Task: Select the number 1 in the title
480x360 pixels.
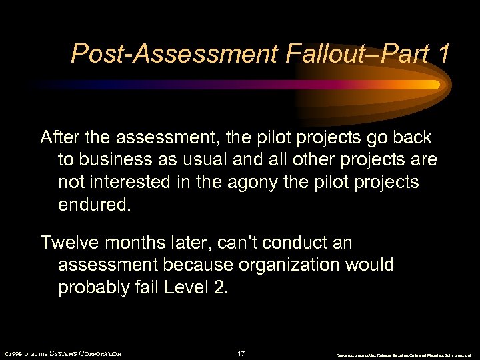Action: click(441, 53)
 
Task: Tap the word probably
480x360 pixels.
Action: click(96, 287)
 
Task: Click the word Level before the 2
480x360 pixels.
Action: click(194, 287)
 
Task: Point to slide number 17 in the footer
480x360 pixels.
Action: click(241, 353)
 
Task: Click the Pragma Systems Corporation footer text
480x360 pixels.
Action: click(63, 353)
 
